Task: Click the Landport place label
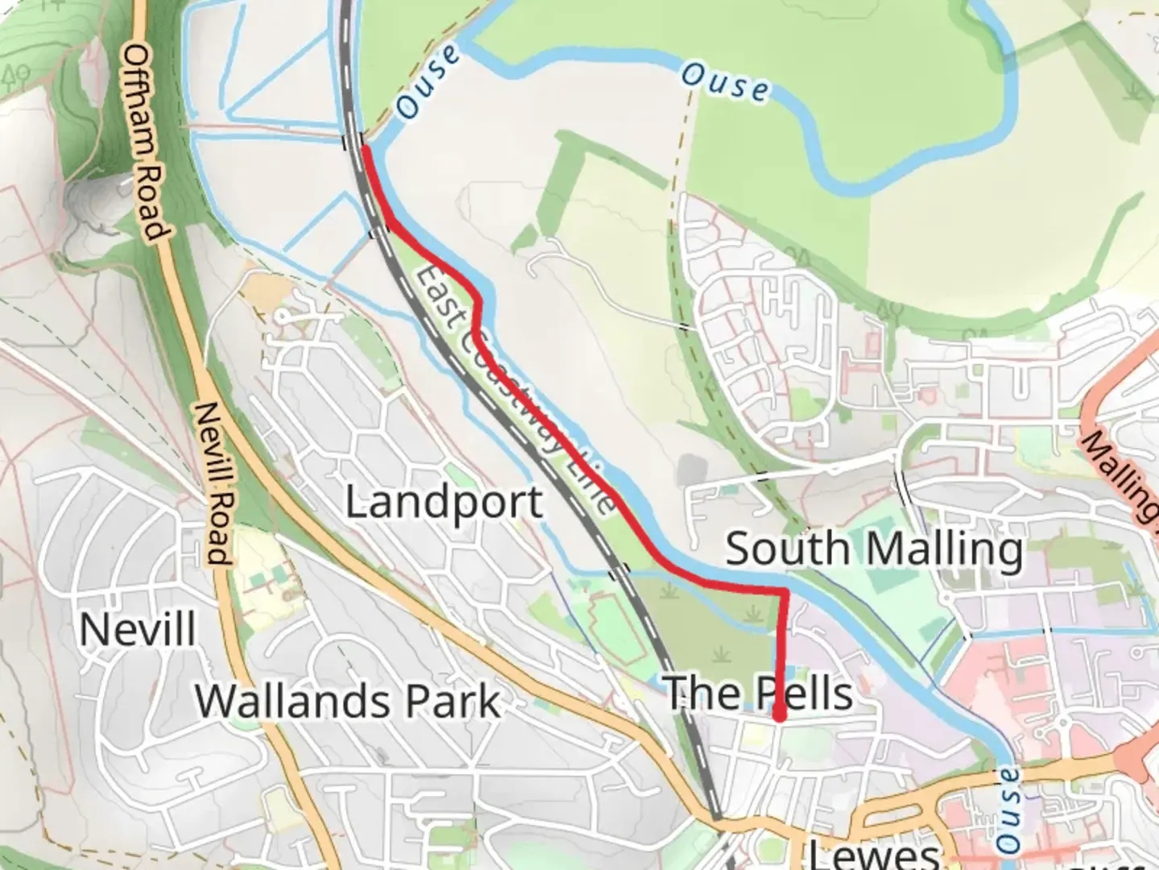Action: tap(444, 503)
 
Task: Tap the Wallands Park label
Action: tap(348, 701)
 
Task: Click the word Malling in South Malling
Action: tap(942, 549)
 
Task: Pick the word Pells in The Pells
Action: tap(803, 693)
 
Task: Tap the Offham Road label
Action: tap(146, 142)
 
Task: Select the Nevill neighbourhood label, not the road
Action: tap(138, 628)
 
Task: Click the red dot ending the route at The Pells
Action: tap(779, 715)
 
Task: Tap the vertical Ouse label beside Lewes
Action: tap(1007, 810)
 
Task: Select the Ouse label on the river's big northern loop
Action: tap(724, 83)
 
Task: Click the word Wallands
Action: tap(293, 701)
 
